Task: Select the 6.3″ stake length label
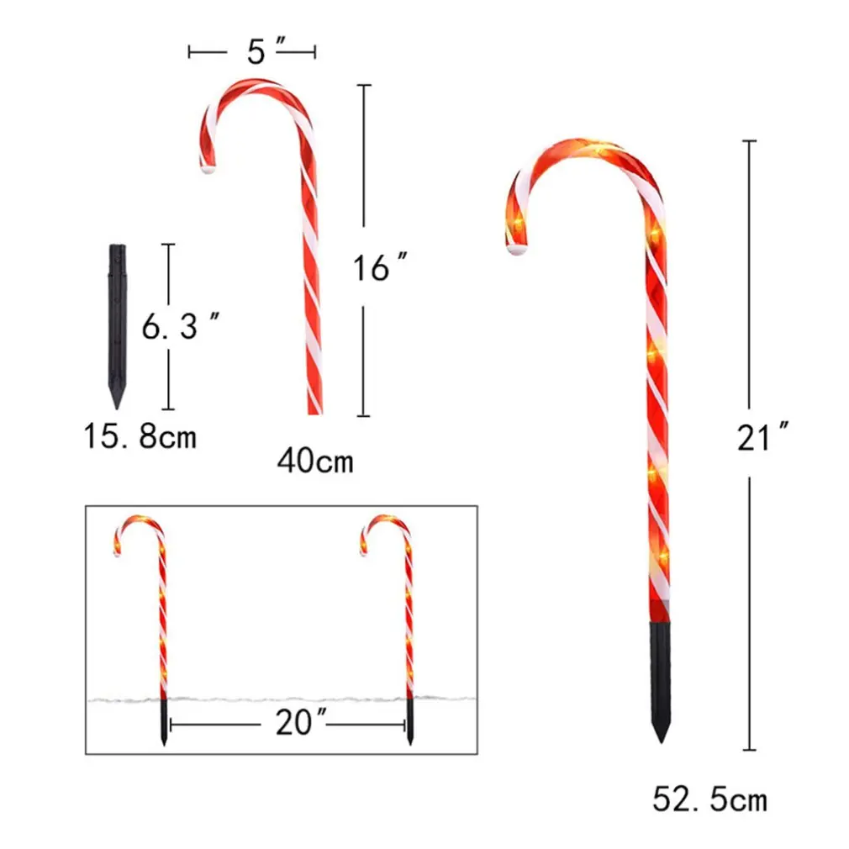pos(181,326)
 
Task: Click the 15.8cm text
pos(140,436)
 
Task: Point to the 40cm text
pos(314,461)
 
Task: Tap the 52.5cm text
pos(709,799)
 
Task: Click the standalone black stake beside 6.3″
pos(117,319)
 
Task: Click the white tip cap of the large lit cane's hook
pos(516,250)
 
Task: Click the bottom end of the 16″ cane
pos(314,410)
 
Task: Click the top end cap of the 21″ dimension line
pos(750,141)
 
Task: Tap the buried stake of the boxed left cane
pos(163,721)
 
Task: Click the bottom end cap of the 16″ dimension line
pos(363,415)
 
